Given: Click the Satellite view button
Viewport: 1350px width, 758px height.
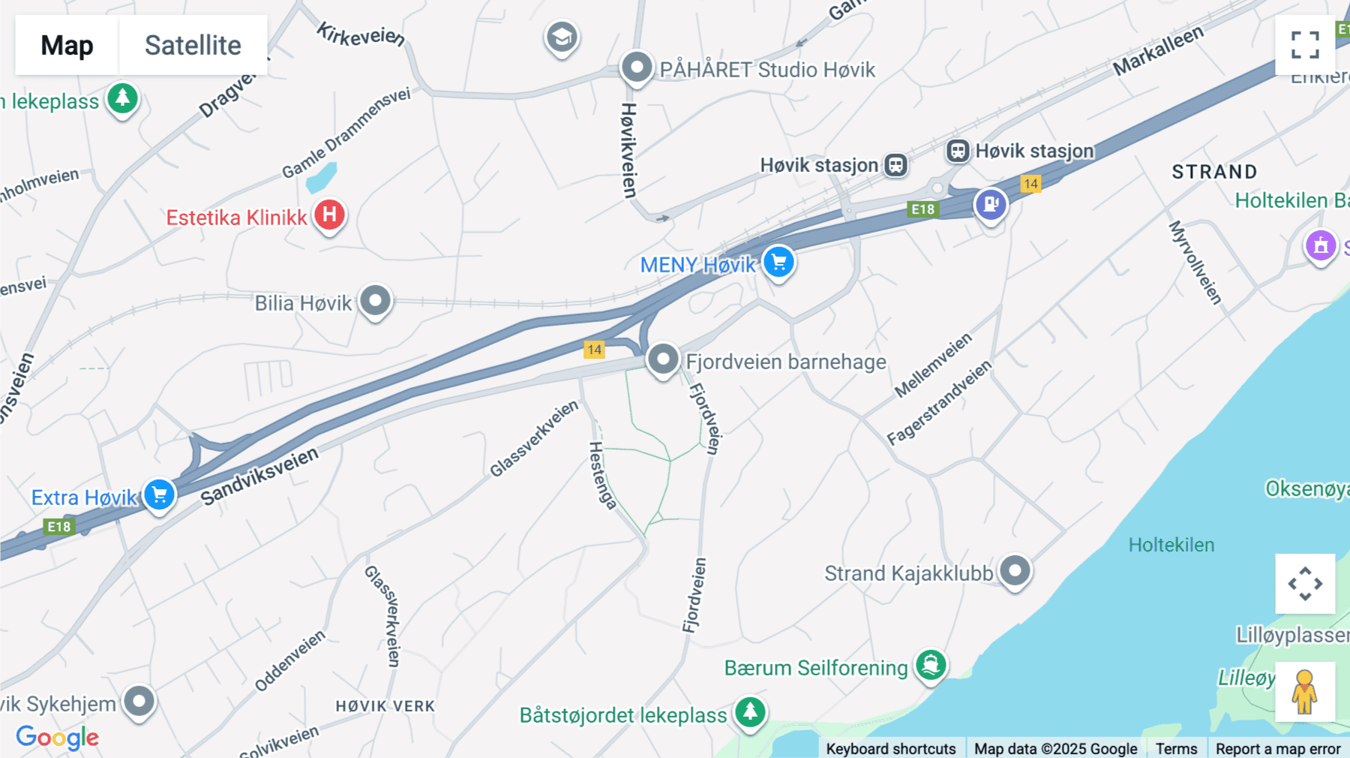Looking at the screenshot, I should pyautogui.click(x=193, y=45).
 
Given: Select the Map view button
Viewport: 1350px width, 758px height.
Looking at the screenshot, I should pyautogui.click(x=67, y=45).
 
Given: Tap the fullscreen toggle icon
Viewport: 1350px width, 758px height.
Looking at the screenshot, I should pyautogui.click(x=1305, y=45).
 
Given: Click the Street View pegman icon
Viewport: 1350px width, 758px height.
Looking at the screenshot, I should pyautogui.click(x=1305, y=691).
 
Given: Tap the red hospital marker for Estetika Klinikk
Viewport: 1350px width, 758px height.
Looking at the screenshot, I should pyautogui.click(x=329, y=215).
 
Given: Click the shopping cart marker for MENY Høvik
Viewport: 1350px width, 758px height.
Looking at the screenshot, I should pyautogui.click(x=779, y=263).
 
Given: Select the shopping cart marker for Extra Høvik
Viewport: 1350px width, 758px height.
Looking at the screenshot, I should pyautogui.click(x=159, y=495).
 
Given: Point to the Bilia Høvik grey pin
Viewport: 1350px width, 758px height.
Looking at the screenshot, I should pyautogui.click(x=375, y=301).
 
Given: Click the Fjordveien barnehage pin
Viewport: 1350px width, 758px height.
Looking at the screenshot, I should pyautogui.click(x=663, y=359).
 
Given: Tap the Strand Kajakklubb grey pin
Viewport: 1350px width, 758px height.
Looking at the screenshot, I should pyautogui.click(x=1015, y=571).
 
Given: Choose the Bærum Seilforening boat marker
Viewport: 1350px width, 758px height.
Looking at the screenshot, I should pyautogui.click(x=931, y=665).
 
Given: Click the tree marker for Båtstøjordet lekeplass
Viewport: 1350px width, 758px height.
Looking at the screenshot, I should pyautogui.click(x=750, y=711).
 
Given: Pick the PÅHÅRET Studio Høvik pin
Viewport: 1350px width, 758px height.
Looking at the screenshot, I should pyautogui.click(x=637, y=68).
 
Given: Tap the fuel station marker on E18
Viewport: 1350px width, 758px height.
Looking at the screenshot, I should pyautogui.click(x=991, y=203).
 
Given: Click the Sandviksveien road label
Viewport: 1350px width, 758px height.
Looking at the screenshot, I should pyautogui.click(x=259, y=477).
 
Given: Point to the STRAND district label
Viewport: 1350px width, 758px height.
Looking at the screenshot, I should pyautogui.click(x=1214, y=172).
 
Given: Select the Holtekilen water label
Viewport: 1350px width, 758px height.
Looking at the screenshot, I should pyautogui.click(x=1171, y=545).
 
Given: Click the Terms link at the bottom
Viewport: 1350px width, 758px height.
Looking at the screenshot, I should pyautogui.click(x=1176, y=748).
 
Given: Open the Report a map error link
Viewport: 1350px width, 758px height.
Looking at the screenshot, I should pyautogui.click(x=1278, y=748).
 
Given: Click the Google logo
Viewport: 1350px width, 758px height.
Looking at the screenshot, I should pyautogui.click(x=57, y=738).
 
